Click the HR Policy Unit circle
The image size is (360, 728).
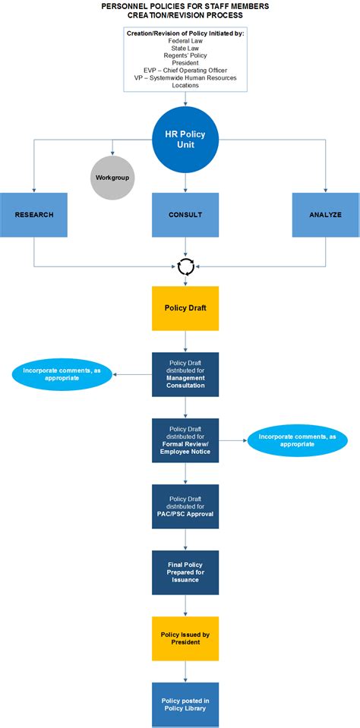(185, 139)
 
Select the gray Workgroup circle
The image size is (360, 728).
(112, 177)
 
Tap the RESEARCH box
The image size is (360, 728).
(34, 215)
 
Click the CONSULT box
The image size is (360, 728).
(185, 215)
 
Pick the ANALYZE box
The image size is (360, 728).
(325, 215)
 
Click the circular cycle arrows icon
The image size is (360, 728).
(185, 265)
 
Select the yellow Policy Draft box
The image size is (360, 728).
(185, 308)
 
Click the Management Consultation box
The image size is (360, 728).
(185, 374)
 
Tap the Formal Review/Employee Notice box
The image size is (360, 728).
(185, 440)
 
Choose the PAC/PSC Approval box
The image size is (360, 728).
(185, 506)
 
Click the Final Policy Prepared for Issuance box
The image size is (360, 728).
(185, 572)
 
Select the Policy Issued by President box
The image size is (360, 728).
(185, 638)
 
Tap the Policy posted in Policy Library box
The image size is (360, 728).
(185, 704)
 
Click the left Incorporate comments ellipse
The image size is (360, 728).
(62, 374)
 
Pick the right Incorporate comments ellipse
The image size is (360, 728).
(297, 440)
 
